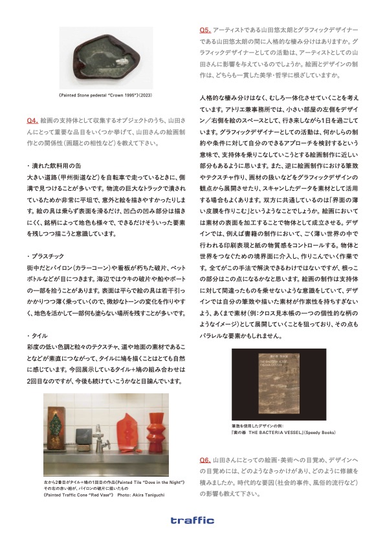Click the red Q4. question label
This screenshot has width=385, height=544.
32,120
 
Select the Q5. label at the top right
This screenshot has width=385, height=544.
204,30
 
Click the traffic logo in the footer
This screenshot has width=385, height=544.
192,519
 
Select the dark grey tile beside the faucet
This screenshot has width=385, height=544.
83,438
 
